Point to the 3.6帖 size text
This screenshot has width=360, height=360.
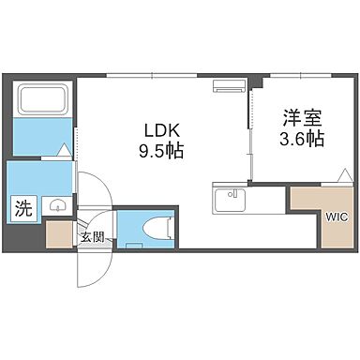pos(301,139)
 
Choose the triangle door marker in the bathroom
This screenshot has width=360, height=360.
pos(63,149)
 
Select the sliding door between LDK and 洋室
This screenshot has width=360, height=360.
pos(250,141)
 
